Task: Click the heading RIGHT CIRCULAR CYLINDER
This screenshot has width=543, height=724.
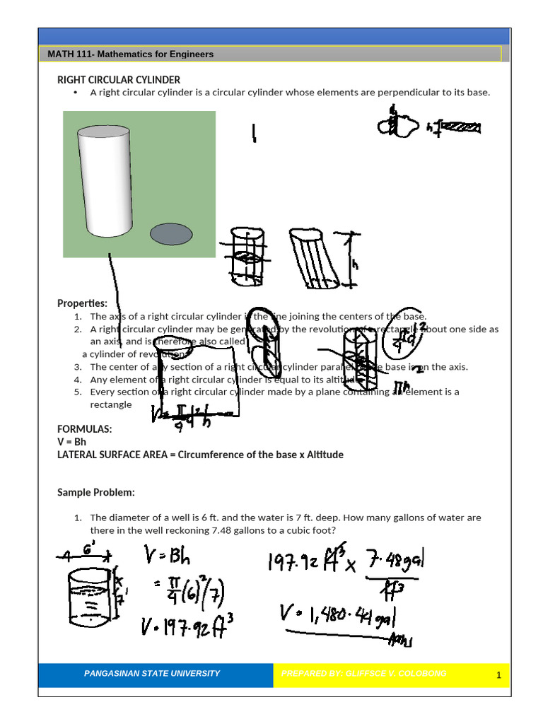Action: pyautogui.click(x=119, y=80)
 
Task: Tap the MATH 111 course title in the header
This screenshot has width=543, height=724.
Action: pyautogui.click(x=130, y=54)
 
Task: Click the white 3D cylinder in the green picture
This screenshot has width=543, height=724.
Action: pyautogui.click(x=105, y=183)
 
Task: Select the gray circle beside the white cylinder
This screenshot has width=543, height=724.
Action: pyautogui.click(x=172, y=234)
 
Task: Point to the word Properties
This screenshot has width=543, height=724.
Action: pyautogui.click(x=82, y=303)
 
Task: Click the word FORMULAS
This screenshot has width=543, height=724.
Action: pyautogui.click(x=84, y=429)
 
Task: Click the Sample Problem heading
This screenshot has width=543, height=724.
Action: pyautogui.click(x=95, y=492)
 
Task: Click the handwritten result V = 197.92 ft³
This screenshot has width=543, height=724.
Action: pyautogui.click(x=185, y=624)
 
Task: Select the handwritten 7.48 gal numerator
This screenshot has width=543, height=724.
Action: pyautogui.click(x=395, y=561)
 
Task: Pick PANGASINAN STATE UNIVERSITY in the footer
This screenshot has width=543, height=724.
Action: pyautogui.click(x=152, y=674)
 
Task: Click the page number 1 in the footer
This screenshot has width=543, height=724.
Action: pyautogui.click(x=498, y=676)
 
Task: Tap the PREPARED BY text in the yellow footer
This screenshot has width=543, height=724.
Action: pyautogui.click(x=363, y=674)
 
